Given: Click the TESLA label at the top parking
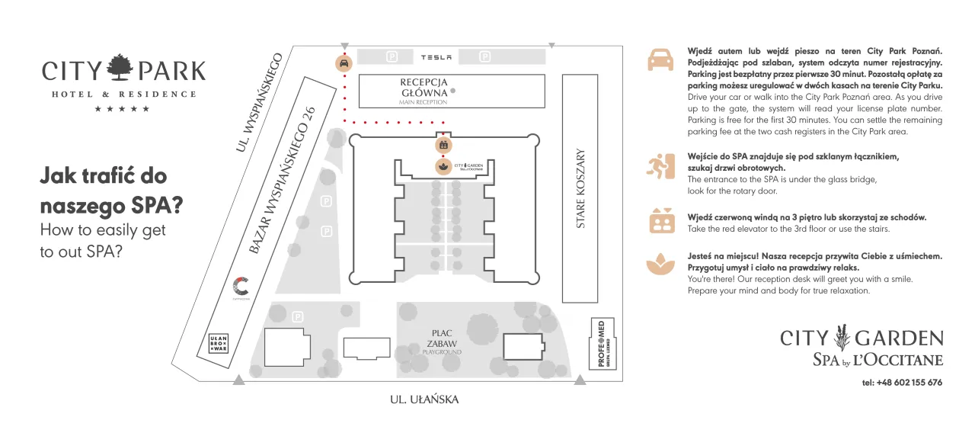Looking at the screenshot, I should click(436, 57).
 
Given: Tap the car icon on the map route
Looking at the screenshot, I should click(344, 63).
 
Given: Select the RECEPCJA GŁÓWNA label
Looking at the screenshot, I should click(424, 88).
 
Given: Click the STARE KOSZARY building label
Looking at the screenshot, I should click(581, 188).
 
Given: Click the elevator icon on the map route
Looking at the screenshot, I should click(443, 144).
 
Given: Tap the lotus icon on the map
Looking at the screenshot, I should click(443, 165).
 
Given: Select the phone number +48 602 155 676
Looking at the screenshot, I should click(902, 383).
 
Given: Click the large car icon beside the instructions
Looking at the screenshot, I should click(660, 59).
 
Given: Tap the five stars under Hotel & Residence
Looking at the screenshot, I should click(122, 109).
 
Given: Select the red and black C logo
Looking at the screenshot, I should click(241, 287).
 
